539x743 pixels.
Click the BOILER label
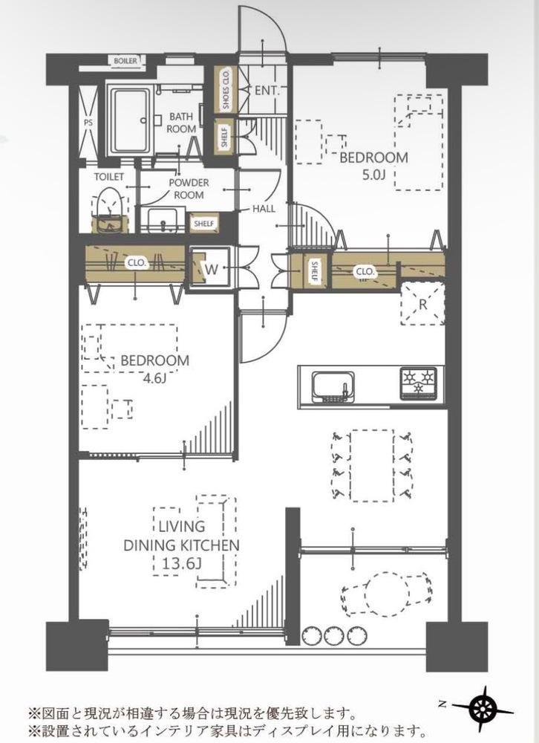click(125, 61)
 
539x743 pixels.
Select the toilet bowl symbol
click(110, 210)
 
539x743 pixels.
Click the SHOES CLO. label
click(226, 89)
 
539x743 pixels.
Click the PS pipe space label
click(88, 123)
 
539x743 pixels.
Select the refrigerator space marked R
click(422, 304)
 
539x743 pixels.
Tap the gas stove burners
click(419, 381)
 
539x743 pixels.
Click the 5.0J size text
click(373, 175)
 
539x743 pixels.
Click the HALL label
click(264, 209)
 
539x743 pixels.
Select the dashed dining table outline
click(372, 465)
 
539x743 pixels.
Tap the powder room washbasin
click(162, 221)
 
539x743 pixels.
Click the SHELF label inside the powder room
click(204, 223)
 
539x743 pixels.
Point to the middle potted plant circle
click(334, 635)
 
